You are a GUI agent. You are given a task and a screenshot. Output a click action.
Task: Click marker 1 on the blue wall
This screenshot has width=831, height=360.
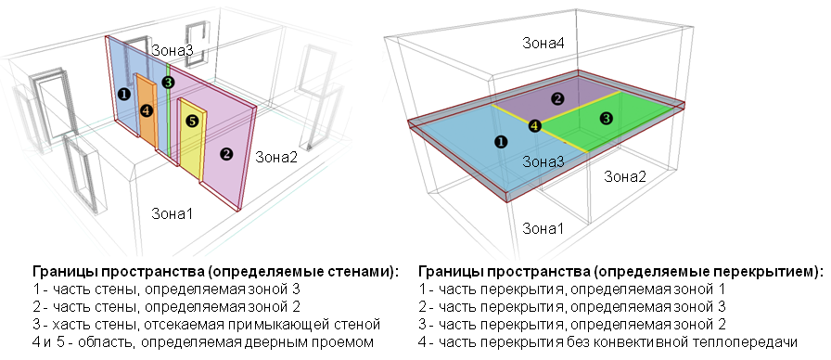[123, 93]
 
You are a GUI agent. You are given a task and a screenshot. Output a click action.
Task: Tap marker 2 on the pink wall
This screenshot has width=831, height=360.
[224, 154]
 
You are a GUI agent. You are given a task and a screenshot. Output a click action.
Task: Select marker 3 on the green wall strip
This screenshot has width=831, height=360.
[167, 83]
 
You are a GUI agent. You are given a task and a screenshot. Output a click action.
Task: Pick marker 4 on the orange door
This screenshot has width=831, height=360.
[146, 110]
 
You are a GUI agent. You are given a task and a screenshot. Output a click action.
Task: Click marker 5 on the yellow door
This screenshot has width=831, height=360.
[192, 121]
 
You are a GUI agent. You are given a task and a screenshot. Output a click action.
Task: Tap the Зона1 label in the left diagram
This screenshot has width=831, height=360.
[172, 214]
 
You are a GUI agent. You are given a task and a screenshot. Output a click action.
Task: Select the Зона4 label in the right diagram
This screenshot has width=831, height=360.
[543, 43]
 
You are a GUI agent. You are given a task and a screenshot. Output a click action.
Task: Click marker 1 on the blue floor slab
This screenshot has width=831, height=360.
[501, 142]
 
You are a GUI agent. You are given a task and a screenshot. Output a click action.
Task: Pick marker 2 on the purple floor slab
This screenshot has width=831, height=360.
[556, 98]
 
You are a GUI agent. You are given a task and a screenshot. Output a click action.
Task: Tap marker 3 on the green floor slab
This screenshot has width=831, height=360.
[606, 118]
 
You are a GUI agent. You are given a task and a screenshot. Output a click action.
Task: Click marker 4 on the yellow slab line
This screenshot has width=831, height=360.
[533, 126]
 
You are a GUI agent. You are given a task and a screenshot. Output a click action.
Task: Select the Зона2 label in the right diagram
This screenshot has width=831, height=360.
[626, 175]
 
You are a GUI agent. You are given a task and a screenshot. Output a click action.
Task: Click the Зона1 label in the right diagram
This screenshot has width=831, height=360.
[543, 227]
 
